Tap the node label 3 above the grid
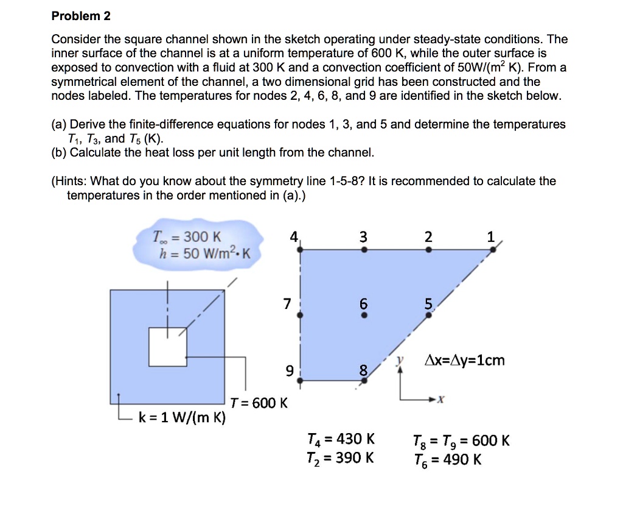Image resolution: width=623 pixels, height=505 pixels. [364, 237]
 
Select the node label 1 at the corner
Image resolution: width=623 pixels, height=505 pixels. [492, 238]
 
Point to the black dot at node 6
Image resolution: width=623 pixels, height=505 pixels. [364, 316]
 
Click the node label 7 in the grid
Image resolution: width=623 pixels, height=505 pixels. [287, 304]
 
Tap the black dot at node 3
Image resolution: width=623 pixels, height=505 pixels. [364, 249]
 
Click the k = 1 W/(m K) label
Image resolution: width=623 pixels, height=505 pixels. [182, 418]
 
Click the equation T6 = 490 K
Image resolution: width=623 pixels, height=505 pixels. [447, 459]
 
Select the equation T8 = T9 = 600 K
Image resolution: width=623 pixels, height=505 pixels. [461, 440]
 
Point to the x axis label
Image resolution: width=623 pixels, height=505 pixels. [442, 400]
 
